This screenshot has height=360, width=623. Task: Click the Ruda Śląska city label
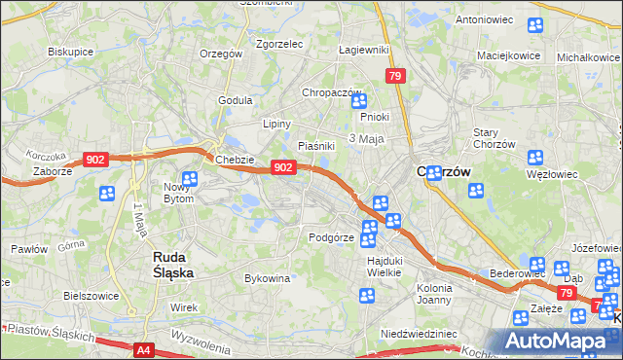tap(173, 265)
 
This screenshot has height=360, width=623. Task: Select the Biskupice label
tap(69, 52)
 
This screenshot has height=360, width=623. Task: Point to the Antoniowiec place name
tap(484, 18)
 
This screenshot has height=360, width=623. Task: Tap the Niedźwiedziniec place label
tap(419, 333)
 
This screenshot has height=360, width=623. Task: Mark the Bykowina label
tap(268, 278)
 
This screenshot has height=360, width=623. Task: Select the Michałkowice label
tap(589, 57)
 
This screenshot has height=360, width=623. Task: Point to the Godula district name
tap(236, 100)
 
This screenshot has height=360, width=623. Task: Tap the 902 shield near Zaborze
tap(95, 159)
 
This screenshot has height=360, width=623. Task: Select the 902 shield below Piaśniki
tap(282, 167)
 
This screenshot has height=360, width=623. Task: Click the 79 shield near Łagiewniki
tap(394, 76)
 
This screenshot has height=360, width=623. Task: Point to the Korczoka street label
tap(46, 156)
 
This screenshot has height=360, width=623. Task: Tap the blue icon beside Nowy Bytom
tap(190, 179)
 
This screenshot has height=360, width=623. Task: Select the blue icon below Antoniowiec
tap(534, 26)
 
